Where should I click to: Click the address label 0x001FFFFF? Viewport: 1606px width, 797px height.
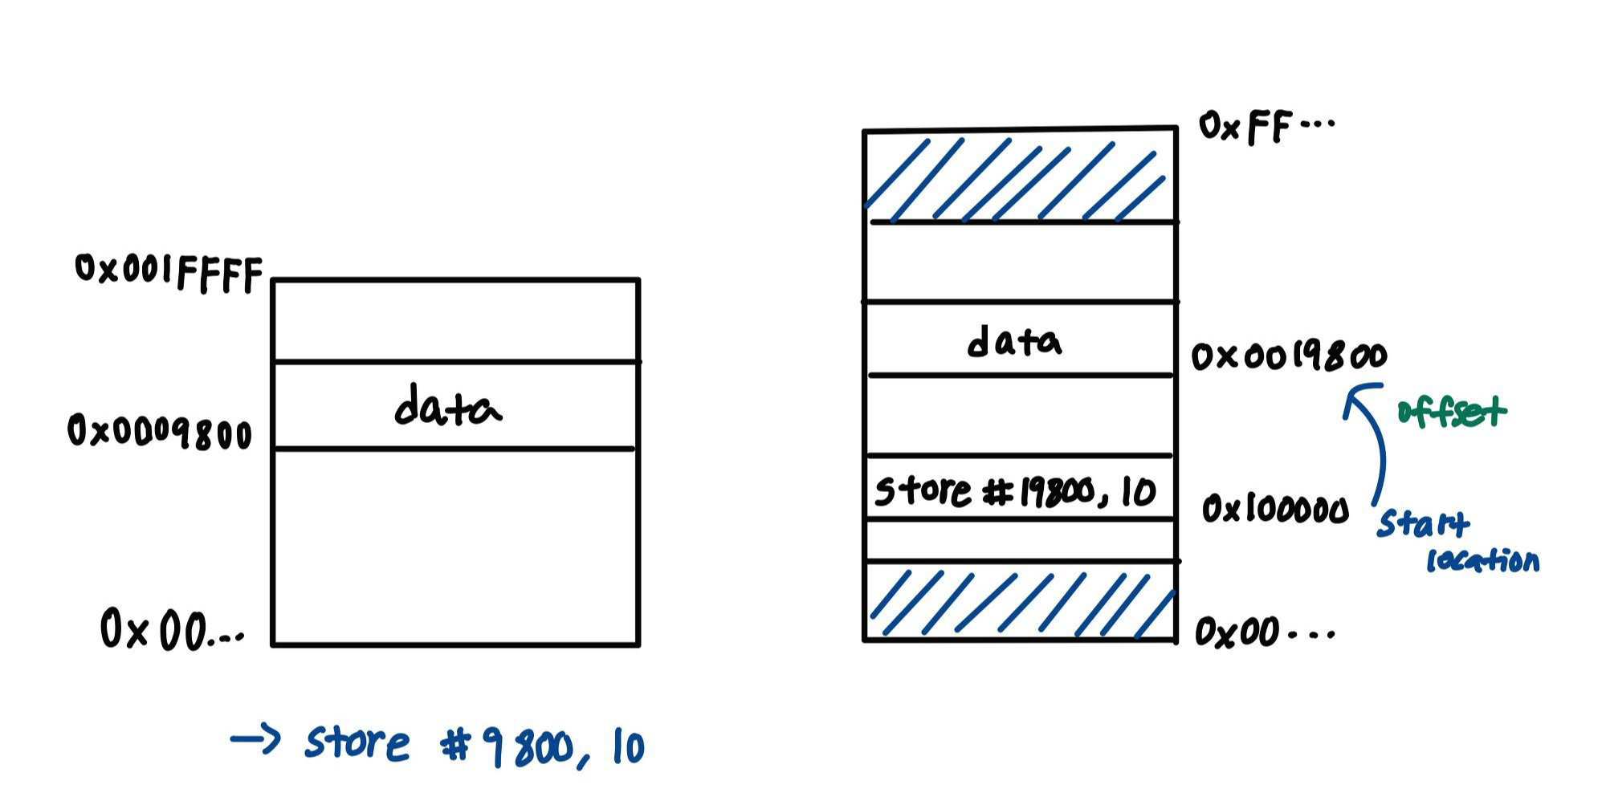(x=169, y=273)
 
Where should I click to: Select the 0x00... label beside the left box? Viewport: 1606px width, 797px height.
(x=171, y=630)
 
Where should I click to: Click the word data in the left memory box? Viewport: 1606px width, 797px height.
(x=447, y=407)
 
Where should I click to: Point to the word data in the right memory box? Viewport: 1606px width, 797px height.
(x=1013, y=343)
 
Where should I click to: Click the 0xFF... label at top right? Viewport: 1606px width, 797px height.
(x=1265, y=127)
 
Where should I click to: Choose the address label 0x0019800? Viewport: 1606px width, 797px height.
(x=1288, y=356)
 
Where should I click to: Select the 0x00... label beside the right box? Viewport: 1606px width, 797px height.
(x=1262, y=632)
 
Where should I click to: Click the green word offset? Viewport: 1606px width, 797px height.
(x=1451, y=412)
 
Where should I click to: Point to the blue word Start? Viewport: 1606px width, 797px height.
(x=1423, y=523)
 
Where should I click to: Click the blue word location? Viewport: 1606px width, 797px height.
(x=1482, y=559)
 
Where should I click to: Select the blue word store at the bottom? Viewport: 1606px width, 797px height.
(x=357, y=742)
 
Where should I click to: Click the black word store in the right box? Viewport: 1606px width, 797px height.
(x=922, y=490)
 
